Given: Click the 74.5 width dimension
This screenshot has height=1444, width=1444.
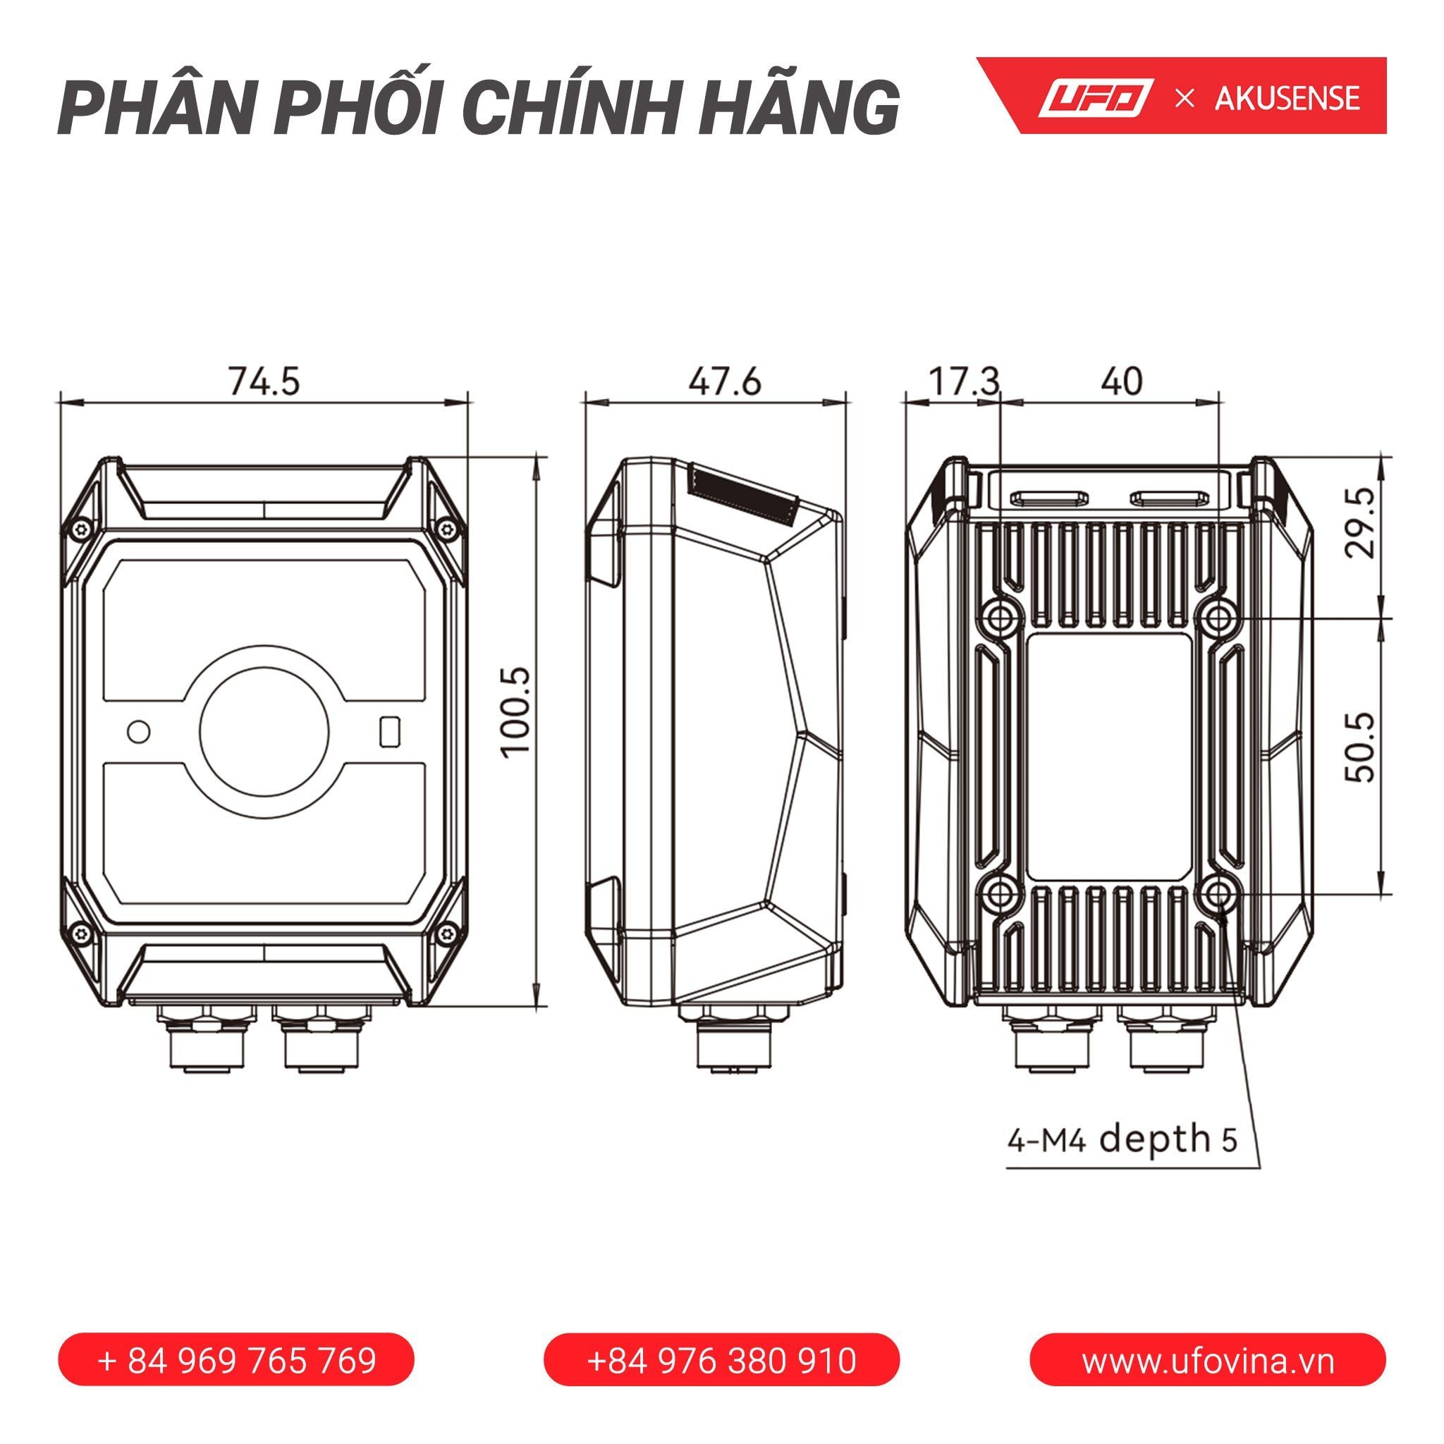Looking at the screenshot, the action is pos(264,381).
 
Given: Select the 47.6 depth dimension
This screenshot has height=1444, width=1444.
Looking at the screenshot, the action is pos(724,381).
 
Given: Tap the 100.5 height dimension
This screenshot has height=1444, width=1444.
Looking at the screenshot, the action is pos(516,712).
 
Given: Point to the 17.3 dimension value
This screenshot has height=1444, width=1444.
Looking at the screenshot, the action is pos(963,381).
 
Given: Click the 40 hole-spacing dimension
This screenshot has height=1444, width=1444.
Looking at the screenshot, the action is pos(1121,381).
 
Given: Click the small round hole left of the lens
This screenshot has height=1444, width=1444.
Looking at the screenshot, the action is pos(139,731).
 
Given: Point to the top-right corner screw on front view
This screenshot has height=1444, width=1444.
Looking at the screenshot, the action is pos(448,530).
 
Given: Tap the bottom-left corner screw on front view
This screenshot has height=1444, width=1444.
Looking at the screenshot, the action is pos(79,931).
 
